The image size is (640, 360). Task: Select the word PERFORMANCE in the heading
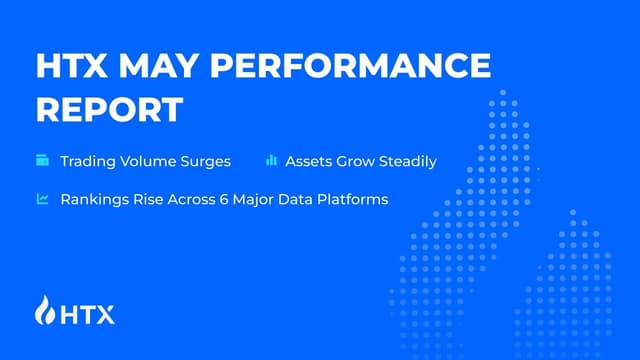click(x=355, y=66)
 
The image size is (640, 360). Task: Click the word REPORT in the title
click(x=110, y=109)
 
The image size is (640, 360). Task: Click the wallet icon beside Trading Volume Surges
click(x=43, y=160)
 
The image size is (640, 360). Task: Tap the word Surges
click(x=208, y=161)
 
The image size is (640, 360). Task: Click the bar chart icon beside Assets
click(x=271, y=160)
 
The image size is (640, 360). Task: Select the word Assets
click(x=309, y=161)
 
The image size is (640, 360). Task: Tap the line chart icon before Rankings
click(x=43, y=199)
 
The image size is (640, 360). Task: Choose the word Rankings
click(x=94, y=199)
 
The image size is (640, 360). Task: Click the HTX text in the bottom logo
click(x=88, y=314)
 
